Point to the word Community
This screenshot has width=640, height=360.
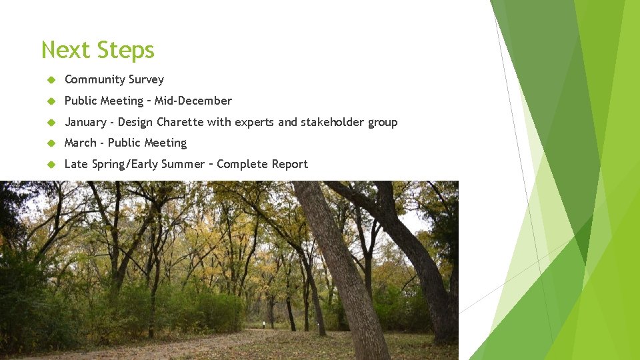94,80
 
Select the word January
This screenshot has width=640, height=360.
85,122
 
